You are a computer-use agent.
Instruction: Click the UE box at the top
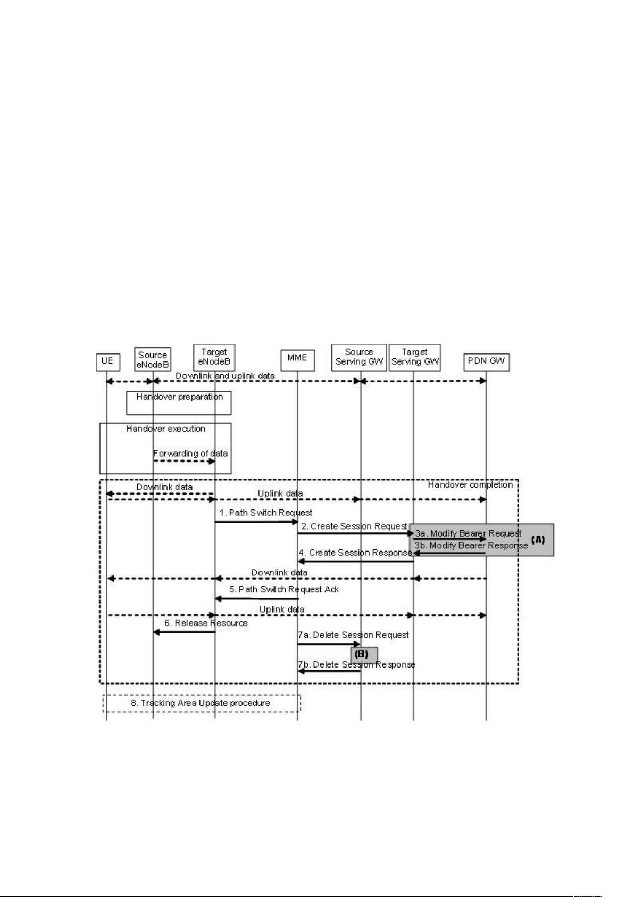[108, 361]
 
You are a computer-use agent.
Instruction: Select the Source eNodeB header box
[153, 360]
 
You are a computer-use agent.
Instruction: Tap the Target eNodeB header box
[214, 358]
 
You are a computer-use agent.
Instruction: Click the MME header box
[298, 360]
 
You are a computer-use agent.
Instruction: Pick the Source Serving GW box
[359, 358]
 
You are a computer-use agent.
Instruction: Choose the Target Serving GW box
[415, 358]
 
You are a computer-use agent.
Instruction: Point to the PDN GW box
[486, 362]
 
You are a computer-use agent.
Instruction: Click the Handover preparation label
[179, 397]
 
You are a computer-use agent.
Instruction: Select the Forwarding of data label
[190, 454]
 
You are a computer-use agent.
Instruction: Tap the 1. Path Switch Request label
[265, 513]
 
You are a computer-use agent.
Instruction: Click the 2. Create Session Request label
[354, 526]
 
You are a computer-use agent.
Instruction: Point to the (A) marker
[538, 539]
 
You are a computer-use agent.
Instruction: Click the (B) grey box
[364, 655]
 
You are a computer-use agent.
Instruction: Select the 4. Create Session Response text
[355, 553]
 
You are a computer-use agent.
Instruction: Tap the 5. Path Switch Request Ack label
[284, 589]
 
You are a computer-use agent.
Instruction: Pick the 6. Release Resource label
[206, 623]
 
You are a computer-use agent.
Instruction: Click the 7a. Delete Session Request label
[353, 635]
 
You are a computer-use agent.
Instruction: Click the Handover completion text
[470, 485]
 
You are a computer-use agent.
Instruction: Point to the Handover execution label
[165, 429]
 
